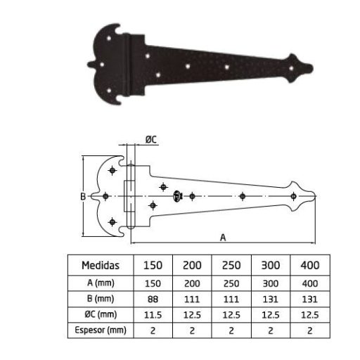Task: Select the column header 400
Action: click(x=310, y=265)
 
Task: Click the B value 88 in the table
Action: click(x=153, y=298)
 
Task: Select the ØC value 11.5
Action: click(x=153, y=314)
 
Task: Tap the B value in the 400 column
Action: click(x=310, y=298)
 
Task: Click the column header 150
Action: click(x=153, y=265)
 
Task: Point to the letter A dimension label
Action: click(x=223, y=238)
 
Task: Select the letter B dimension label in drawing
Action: click(x=82, y=198)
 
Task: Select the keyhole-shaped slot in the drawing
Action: click(x=178, y=196)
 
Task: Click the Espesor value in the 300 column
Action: click(x=271, y=329)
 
